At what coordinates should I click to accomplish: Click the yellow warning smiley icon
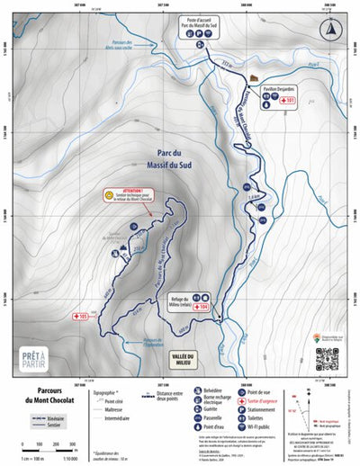[107, 193]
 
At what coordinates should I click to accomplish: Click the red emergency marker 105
[79, 317]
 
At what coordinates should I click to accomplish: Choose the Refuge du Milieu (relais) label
[177, 302]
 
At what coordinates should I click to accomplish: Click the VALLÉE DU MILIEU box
[188, 358]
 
